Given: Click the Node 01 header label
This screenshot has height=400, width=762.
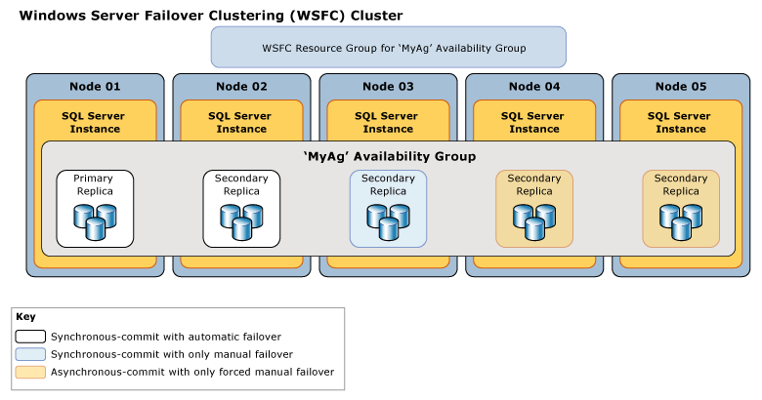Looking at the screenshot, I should (95, 87).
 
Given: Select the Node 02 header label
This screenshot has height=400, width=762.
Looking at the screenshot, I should (241, 87).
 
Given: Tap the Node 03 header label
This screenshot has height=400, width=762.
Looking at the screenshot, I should (388, 87).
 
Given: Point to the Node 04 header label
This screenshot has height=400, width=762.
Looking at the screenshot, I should (534, 87).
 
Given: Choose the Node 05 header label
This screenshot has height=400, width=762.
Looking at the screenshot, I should (681, 87).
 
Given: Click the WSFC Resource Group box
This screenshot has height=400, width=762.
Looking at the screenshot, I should (388, 47).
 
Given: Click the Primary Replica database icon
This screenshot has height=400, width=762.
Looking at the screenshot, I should (95, 221).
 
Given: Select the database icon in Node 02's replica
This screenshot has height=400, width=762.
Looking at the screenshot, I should (241, 221).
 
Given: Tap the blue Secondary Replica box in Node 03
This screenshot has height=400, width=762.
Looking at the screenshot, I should (388, 208).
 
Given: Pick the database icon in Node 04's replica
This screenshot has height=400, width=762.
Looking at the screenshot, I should (534, 221).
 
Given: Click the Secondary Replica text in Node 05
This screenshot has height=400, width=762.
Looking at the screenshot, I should (681, 184).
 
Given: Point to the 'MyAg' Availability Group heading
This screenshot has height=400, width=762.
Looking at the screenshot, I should (388, 156).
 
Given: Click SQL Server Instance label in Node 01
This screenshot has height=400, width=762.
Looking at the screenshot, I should (95, 122).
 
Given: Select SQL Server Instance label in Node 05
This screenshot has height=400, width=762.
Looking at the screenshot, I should (681, 122).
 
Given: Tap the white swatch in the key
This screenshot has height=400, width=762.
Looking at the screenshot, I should (30, 337).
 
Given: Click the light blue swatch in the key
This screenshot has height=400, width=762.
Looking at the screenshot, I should (30, 354).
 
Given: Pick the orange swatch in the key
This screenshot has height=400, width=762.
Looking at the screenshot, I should (30, 372).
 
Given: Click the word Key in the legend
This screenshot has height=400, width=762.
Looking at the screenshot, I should (25, 317).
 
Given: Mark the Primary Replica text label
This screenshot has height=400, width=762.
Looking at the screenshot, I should (95, 184).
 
